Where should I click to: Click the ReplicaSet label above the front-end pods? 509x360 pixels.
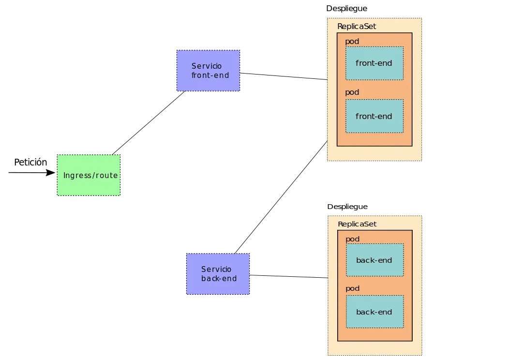(356, 27)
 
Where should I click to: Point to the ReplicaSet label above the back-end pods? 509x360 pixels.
(357, 224)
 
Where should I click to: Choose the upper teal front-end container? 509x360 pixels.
(374, 63)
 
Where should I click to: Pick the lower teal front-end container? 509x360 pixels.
(374, 116)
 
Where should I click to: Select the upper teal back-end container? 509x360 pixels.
(374, 260)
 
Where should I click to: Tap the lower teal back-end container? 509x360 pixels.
(374, 312)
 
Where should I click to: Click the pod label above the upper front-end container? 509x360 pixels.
(352, 42)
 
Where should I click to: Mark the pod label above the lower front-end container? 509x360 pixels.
(352, 92)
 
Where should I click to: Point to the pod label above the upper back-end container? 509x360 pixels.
(352, 239)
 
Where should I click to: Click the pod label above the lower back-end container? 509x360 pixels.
(352, 288)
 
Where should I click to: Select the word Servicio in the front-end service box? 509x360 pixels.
(206, 66)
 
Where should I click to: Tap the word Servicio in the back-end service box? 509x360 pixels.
(216, 270)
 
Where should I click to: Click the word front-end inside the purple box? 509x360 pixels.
(210, 75)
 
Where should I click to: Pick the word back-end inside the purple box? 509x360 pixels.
(219, 279)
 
